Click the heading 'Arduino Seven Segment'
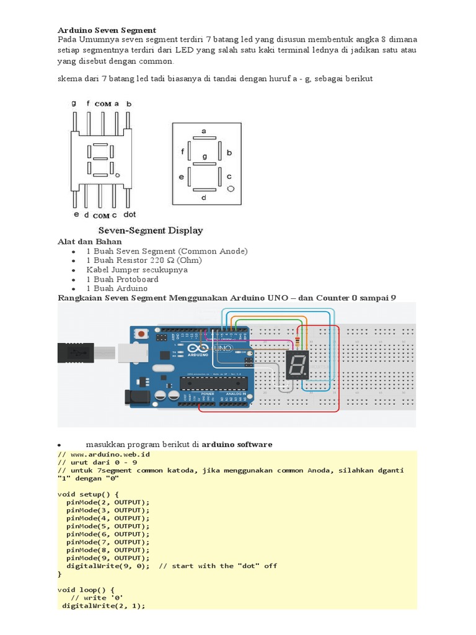[x=107, y=30]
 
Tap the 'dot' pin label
[x=130, y=215]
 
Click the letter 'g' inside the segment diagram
[x=205, y=156]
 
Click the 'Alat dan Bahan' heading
[x=90, y=241]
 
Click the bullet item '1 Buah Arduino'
[x=117, y=288]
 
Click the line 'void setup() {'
[x=92, y=494]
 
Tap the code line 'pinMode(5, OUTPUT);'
[x=108, y=526]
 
